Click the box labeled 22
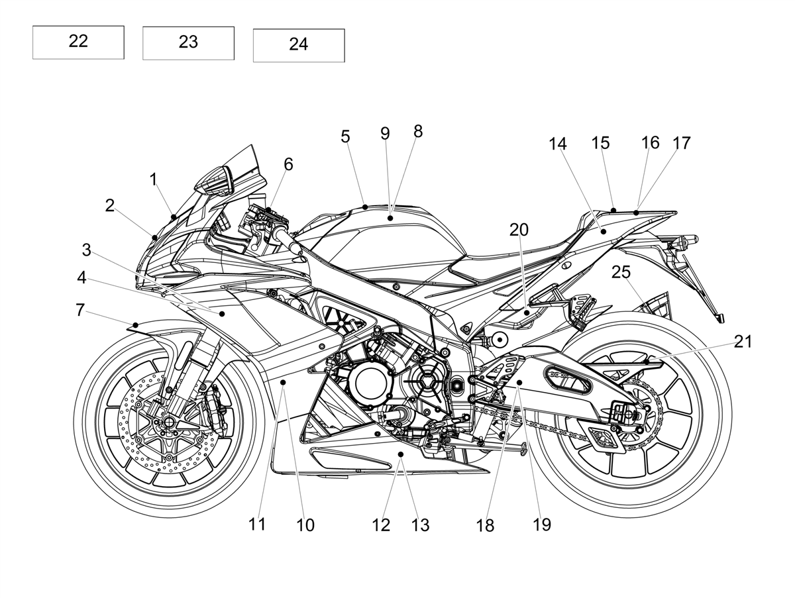78,42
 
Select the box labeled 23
188,43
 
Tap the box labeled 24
299,46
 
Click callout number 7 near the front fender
80,310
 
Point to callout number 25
621,272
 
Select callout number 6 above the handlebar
288,165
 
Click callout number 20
519,230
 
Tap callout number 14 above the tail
558,144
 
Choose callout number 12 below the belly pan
381,525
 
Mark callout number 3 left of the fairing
86,250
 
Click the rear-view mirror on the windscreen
214,181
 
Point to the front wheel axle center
168,422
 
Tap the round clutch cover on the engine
369,382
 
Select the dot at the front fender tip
136,324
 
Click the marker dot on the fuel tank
390,218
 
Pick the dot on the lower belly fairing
401,454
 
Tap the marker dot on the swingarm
519,382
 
